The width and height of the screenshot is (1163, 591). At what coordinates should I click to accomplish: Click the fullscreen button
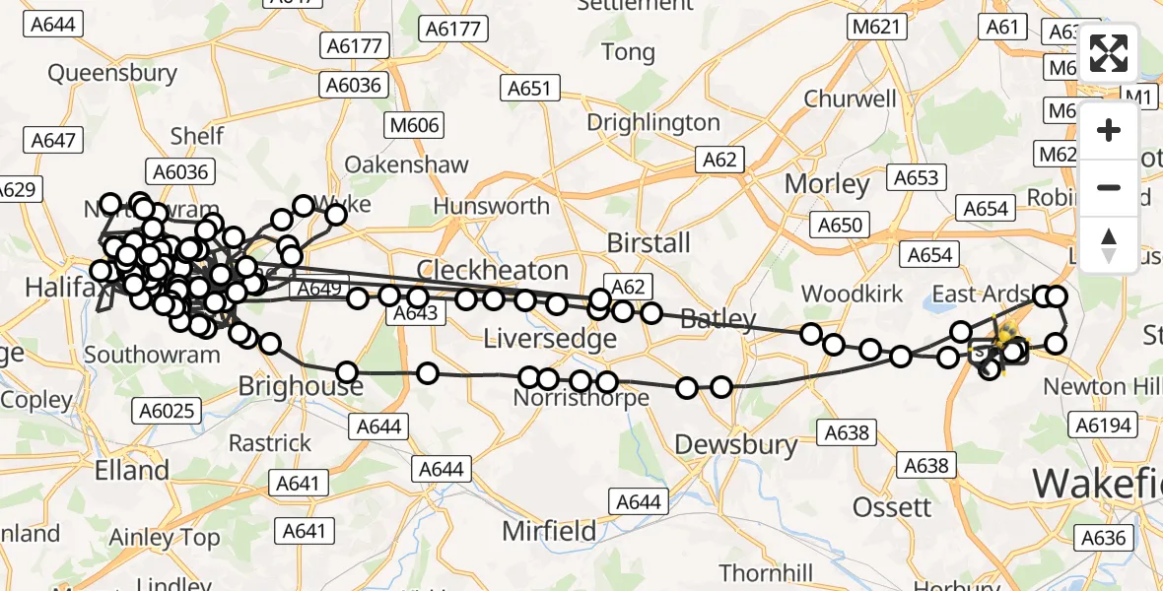coord(1109,53)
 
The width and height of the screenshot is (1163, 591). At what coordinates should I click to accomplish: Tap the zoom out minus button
coord(1109,187)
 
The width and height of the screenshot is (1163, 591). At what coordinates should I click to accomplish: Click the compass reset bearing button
coord(1109,243)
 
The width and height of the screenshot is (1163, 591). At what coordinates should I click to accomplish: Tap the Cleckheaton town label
coord(493,271)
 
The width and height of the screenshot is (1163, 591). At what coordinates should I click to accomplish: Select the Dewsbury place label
coord(736,444)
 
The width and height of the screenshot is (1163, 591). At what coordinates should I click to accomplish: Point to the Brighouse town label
coord(301,386)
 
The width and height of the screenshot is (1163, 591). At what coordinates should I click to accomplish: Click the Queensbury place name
coord(112,72)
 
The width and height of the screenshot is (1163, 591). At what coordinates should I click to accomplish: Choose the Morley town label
coord(827,184)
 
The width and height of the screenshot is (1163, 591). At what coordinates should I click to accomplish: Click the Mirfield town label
coord(549,531)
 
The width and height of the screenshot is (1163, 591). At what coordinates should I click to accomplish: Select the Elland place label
coord(131,469)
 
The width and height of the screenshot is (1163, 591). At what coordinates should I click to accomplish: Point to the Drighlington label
coord(653,122)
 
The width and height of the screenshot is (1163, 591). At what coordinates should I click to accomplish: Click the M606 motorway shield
coord(414,125)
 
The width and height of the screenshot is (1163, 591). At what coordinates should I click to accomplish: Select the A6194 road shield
coord(1103,425)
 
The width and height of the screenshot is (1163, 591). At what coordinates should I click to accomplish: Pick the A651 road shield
coord(529,89)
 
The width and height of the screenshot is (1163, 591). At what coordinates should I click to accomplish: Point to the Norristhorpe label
coord(581,398)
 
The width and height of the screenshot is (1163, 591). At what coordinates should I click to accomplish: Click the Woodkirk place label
coord(853,294)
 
